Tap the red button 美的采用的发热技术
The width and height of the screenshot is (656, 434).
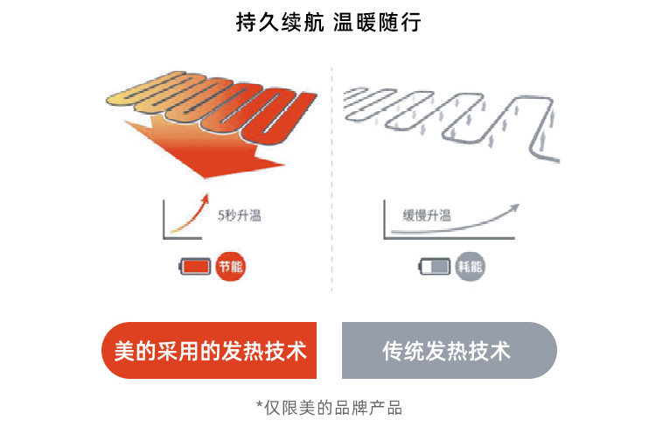click(210, 351)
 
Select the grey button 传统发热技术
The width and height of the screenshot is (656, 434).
click(447, 351)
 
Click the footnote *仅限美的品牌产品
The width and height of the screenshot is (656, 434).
click(328, 407)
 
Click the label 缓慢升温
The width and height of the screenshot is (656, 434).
click(426, 216)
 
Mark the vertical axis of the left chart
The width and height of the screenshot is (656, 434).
click(163, 219)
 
